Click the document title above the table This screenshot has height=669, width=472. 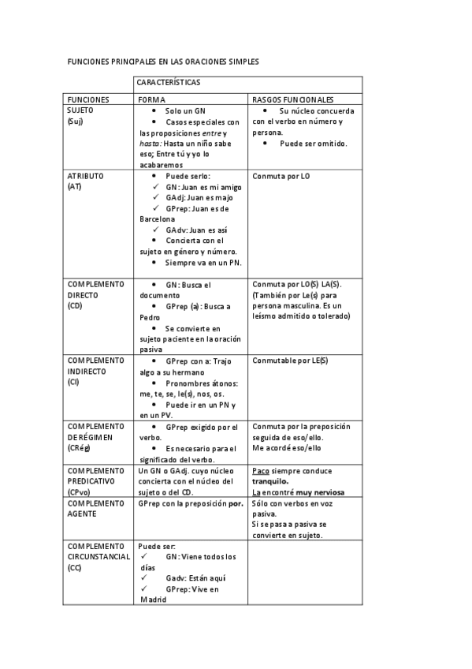coord(162,62)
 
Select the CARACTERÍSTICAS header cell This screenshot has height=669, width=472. coord(169,83)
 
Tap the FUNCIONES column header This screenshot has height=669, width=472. coord(88,100)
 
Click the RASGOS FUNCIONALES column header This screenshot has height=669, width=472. coord(292,100)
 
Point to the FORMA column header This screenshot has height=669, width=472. coord(151,100)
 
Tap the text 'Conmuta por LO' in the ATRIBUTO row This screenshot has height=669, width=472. coord(281,176)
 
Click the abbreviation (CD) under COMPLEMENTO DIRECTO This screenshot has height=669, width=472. coord(75,305)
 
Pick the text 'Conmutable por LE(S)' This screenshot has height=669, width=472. coord(289,361)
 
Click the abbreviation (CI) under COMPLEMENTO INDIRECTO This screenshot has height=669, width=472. coord(73,383)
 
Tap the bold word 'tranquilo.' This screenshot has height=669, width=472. coord(270,480)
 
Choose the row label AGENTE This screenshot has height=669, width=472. coord(82,513)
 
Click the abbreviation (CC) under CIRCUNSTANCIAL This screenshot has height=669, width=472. coord(74,567)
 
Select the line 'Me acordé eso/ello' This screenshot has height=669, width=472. coord(287,448)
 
